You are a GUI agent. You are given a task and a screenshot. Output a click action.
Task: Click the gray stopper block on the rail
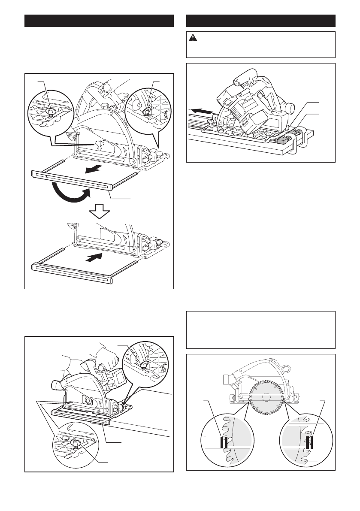[x=283, y=138]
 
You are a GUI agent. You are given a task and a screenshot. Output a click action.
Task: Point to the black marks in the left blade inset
[x=224, y=442]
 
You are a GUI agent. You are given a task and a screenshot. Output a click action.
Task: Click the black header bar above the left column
[x=99, y=21]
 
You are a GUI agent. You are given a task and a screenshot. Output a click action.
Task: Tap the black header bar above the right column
[x=260, y=21]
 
